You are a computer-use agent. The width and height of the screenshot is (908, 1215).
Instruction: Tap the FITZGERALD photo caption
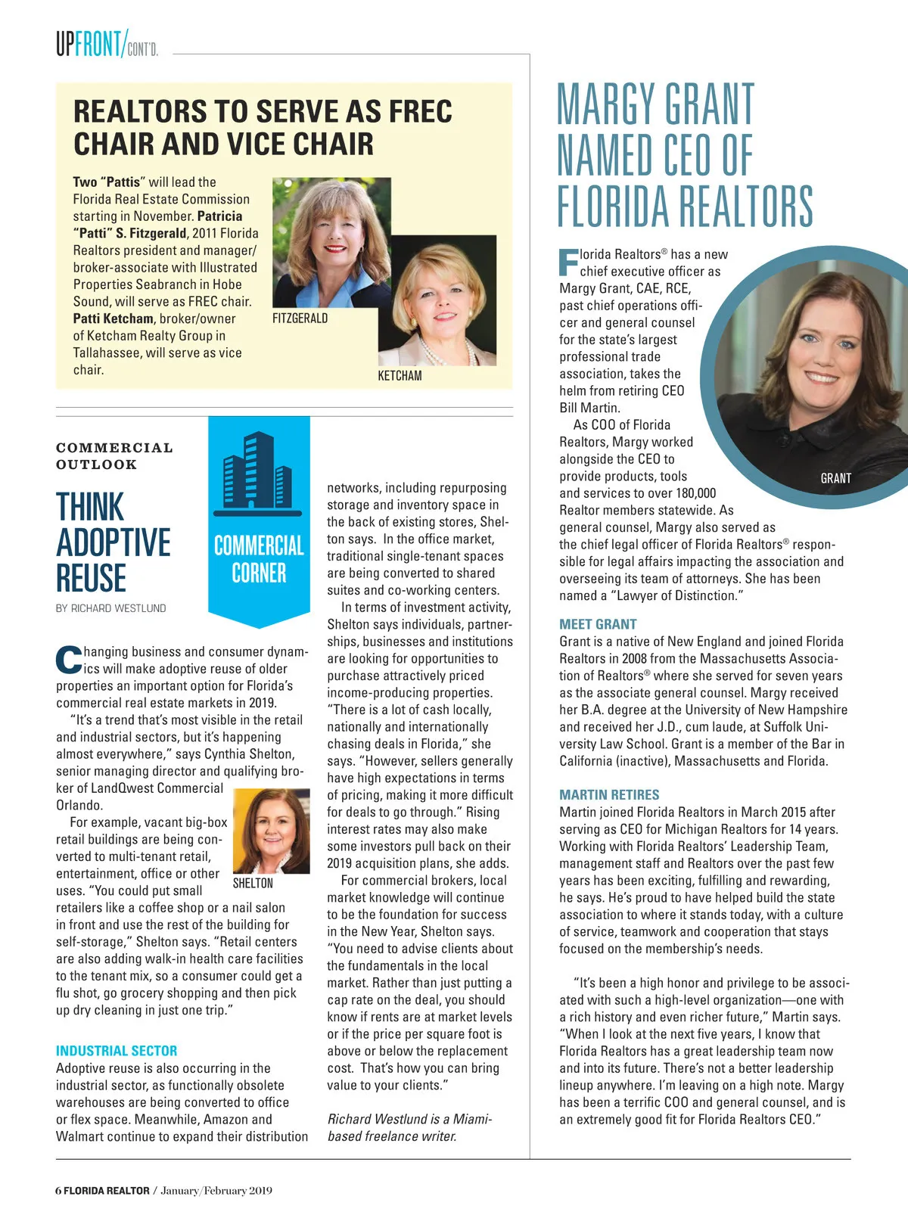pyautogui.click(x=300, y=319)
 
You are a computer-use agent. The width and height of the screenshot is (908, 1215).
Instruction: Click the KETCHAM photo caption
pyautogui.click(x=400, y=376)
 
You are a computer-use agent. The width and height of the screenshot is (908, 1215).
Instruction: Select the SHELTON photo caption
pyautogui.click(x=253, y=884)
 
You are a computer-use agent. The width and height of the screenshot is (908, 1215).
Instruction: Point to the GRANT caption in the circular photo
pyautogui.click(x=835, y=478)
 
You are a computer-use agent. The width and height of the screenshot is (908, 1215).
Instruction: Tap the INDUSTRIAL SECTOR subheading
pyautogui.click(x=117, y=1051)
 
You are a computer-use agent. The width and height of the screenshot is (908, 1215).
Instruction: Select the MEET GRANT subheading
pyautogui.click(x=598, y=624)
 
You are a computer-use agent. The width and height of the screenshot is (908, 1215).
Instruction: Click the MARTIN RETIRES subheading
pyautogui.click(x=609, y=795)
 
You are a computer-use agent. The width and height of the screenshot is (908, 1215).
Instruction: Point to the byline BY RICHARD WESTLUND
pyautogui.click(x=111, y=608)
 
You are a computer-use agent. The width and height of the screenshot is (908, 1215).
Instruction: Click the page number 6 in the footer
pyautogui.click(x=58, y=1191)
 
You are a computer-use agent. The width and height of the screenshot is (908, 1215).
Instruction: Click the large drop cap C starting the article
pyautogui.click(x=68, y=660)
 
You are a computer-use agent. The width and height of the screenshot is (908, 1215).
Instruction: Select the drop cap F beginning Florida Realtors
pyautogui.click(x=567, y=262)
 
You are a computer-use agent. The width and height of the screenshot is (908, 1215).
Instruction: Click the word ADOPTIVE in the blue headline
pyautogui.click(x=113, y=542)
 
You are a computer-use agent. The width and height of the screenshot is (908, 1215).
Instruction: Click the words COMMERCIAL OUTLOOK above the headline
pyautogui.click(x=114, y=456)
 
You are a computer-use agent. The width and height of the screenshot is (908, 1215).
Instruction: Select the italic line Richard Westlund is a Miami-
pyautogui.click(x=409, y=1119)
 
